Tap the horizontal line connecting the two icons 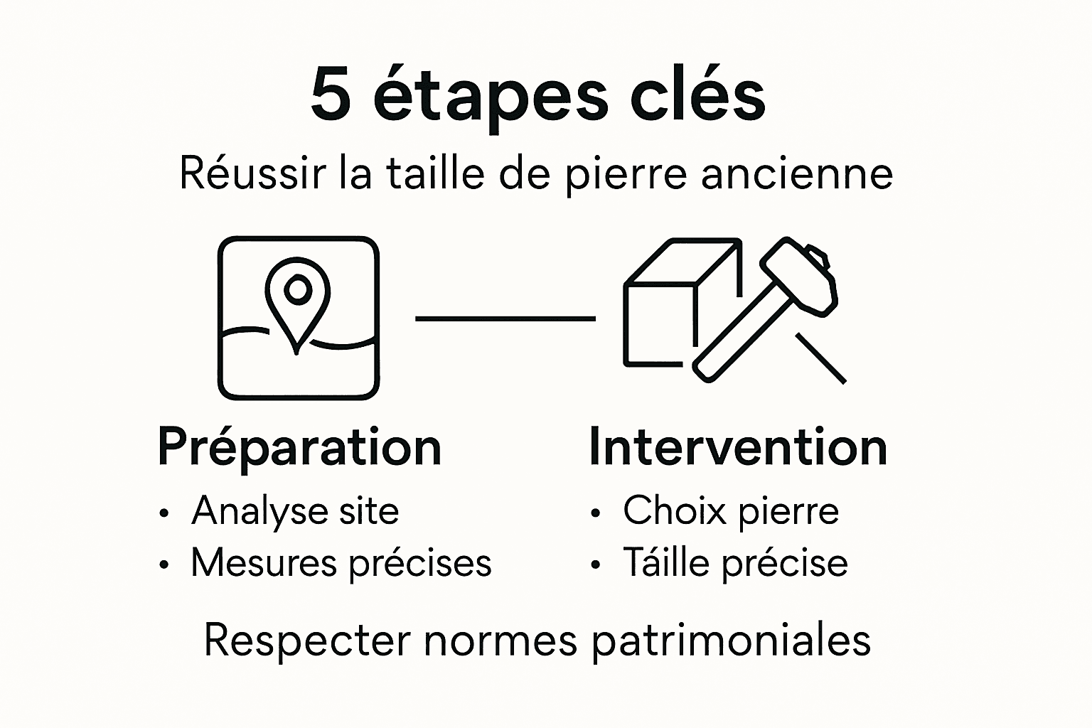505,319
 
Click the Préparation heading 299,447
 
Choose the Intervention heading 738,447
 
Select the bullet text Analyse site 295,510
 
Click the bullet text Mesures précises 341,563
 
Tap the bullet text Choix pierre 731,510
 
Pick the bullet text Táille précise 735,563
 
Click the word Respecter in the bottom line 307,640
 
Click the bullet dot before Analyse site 165,513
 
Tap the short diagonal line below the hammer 821,359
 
